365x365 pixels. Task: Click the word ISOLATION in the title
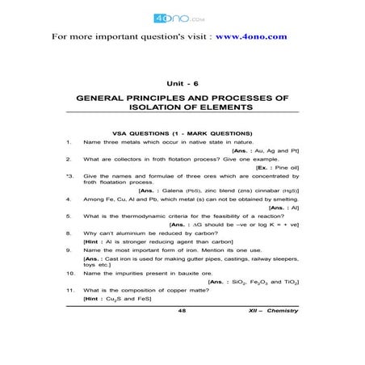[x=159, y=107]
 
